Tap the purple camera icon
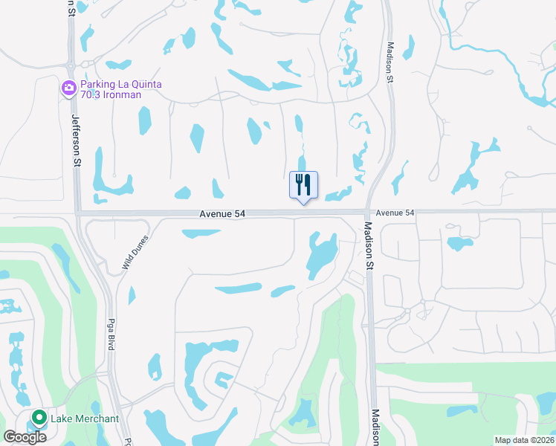click(69, 89)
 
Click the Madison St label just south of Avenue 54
click(367, 246)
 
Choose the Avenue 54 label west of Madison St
click(222, 213)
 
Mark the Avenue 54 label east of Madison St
click(395, 213)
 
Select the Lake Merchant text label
click(85, 418)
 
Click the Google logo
click(25, 436)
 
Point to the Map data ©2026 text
click(524, 440)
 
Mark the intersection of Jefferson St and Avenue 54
click(78, 213)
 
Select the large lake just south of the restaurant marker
click(320, 255)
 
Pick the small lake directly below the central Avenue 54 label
click(201, 233)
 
